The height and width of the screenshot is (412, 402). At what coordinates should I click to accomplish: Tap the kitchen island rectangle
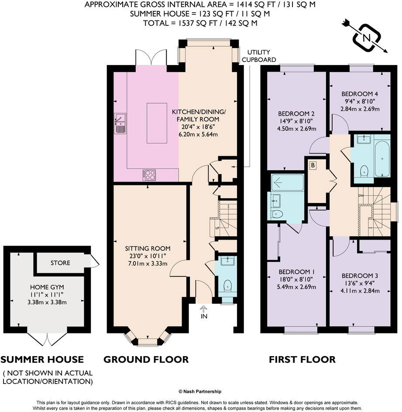pyautogui.click(x=156, y=123)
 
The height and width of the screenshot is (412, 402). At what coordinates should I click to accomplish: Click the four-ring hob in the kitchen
pyautogui.click(x=149, y=175)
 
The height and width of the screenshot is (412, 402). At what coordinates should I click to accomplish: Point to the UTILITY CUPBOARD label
pyautogui.click(x=259, y=55)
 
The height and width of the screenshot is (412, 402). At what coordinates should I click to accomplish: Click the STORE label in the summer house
pyautogui.click(x=60, y=263)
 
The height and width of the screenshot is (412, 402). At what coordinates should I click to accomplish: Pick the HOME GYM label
pyautogui.click(x=47, y=287)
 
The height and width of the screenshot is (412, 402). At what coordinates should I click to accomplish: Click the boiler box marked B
pyautogui.click(x=313, y=165)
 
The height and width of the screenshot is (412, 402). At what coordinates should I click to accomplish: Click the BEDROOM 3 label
pyautogui.click(x=360, y=275)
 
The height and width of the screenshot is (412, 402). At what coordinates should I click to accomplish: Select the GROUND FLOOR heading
pyautogui.click(x=146, y=359)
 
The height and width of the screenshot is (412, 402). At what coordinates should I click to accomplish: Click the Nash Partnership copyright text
pyautogui.click(x=200, y=391)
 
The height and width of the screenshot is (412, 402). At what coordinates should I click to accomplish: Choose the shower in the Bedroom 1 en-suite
pyautogui.click(x=287, y=182)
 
